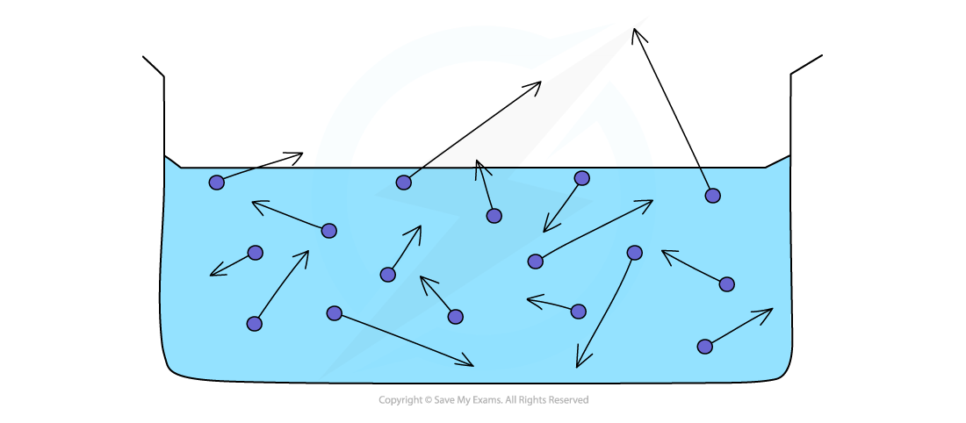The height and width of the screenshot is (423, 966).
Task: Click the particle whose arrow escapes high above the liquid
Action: (403, 183)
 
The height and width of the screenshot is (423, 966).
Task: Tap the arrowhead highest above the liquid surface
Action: (540, 82)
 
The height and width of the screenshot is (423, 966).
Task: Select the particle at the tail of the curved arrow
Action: (634, 253)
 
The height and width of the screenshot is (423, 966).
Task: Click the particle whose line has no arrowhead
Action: (712, 196)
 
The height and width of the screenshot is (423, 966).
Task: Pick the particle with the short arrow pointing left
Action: (578, 312)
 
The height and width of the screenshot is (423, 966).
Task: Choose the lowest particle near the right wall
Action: (704, 347)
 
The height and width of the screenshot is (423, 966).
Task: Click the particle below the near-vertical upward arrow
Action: (494, 216)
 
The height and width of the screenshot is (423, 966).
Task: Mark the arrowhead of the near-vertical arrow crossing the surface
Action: (477, 161)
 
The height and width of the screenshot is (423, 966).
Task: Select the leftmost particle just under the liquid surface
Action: (216, 183)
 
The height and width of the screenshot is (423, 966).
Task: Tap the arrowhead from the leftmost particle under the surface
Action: (301, 154)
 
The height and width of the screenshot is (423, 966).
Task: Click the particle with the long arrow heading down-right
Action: (334, 313)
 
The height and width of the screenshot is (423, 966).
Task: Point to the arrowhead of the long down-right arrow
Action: (472, 365)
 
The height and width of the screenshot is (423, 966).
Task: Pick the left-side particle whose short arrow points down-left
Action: (255, 253)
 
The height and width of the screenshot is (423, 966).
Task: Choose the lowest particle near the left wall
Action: (254, 324)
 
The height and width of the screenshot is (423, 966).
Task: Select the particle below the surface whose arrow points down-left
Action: (581, 178)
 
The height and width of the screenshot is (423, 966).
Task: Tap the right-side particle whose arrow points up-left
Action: (726, 284)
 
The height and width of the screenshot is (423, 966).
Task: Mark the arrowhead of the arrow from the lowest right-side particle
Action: (771, 309)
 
